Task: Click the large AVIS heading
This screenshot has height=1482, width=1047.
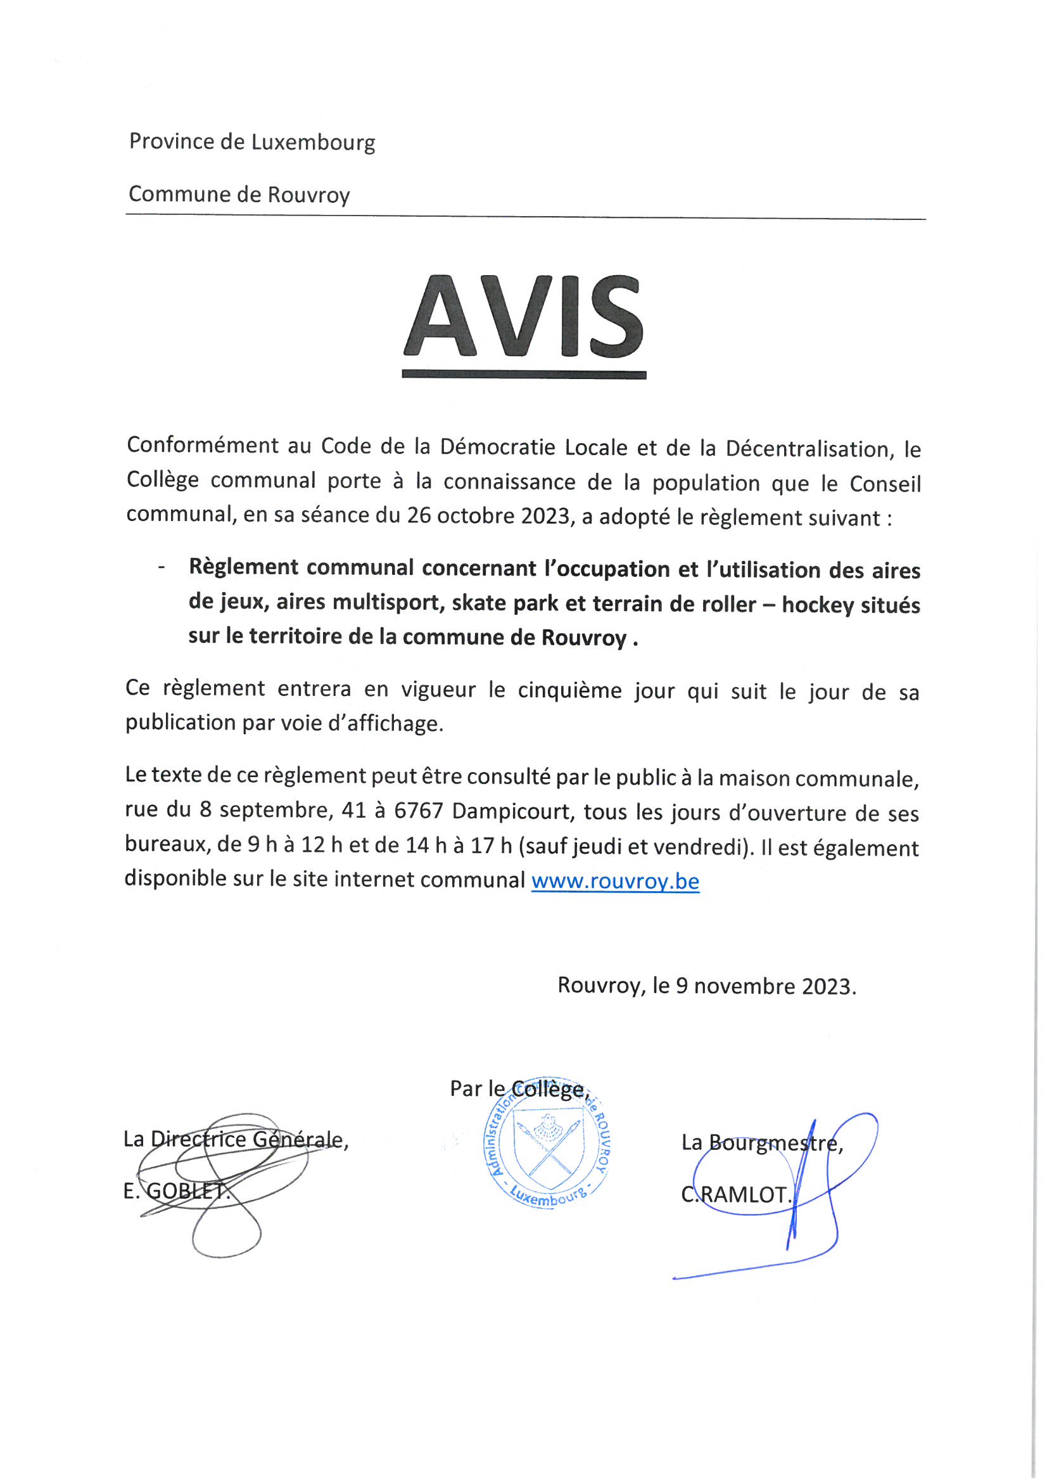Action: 523,317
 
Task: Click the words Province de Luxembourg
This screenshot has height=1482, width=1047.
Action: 251,142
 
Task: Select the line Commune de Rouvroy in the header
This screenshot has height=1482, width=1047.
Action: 239,195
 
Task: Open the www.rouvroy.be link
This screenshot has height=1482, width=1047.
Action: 615,881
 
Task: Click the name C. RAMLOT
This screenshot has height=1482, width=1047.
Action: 735,1195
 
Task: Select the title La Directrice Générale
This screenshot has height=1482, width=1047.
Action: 236,1140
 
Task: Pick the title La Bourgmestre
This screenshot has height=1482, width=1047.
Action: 762,1143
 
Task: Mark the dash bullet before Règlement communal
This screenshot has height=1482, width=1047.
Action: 162,567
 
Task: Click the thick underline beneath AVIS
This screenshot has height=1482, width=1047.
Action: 523,375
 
